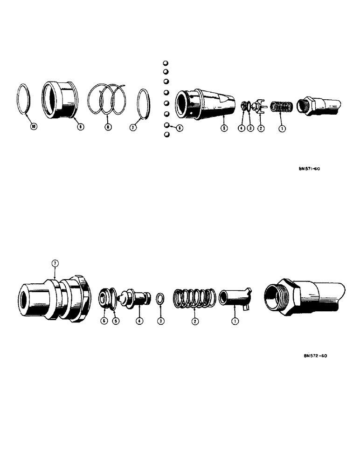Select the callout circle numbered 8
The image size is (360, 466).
tap(108, 127)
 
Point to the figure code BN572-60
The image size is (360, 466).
tap(315, 356)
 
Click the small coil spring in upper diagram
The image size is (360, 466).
tap(282, 107)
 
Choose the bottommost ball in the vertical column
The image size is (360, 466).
tap(166, 135)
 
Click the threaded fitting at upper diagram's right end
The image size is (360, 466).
tap(321, 105)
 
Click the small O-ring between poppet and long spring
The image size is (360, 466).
tap(160, 298)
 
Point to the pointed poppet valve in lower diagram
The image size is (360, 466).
tap(136, 298)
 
